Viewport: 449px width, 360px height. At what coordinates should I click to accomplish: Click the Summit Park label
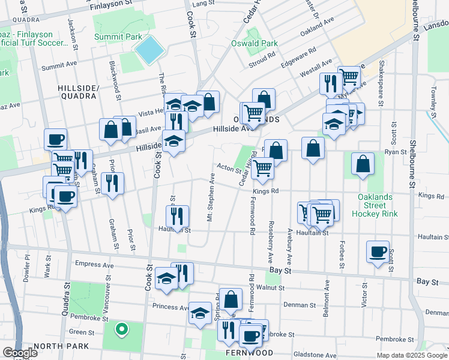pyautogui.click(x=118, y=37)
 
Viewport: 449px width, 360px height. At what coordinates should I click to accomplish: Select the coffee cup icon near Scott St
pyautogui.click(x=378, y=252)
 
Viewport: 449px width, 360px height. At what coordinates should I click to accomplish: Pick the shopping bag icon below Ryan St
pyautogui.click(x=363, y=164)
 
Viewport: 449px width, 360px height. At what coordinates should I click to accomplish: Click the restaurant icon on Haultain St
pyautogui.click(x=177, y=216)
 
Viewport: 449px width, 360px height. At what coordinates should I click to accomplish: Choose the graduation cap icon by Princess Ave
pyautogui.click(x=200, y=314)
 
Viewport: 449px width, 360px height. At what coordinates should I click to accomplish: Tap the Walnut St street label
pyautogui.click(x=270, y=288)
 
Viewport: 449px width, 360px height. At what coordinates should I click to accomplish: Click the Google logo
pyautogui.click(x=20, y=353)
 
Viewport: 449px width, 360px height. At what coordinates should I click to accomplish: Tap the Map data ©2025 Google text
pyautogui.click(x=412, y=355)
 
